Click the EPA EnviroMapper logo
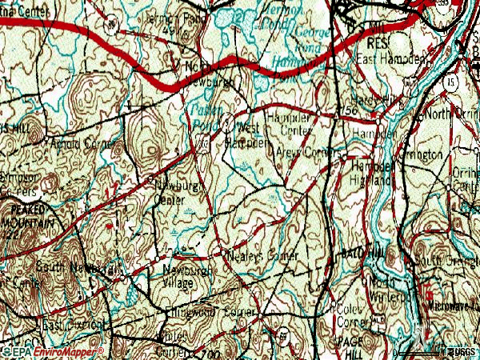coord(53,352)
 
